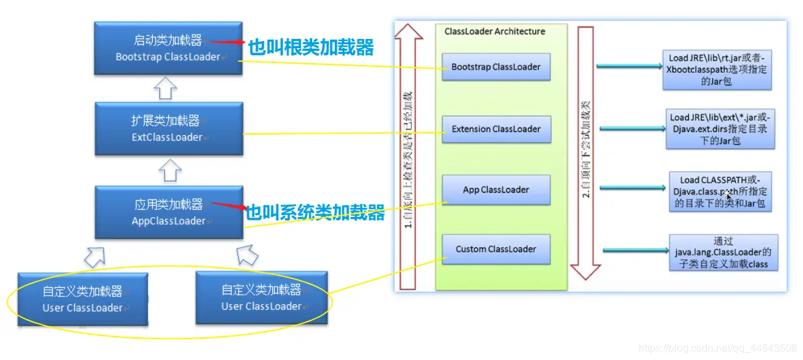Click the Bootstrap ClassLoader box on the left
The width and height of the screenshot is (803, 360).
click(x=167, y=49)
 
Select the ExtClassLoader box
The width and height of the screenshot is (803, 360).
click(x=167, y=129)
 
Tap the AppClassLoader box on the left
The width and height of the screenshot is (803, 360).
click(x=168, y=212)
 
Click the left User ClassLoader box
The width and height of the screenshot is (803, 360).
click(x=83, y=300)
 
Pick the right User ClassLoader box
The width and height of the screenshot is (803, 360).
click(x=261, y=298)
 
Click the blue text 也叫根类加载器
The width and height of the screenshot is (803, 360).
click(x=311, y=47)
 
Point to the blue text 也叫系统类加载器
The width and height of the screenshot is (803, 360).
click(x=315, y=212)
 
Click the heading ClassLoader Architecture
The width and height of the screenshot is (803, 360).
click(x=495, y=31)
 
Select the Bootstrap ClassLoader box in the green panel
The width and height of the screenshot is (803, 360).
click(x=495, y=67)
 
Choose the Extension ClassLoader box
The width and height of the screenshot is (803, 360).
click(x=495, y=129)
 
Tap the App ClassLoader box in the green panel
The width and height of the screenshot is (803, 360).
click(x=495, y=190)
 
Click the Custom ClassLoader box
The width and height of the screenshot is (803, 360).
click(x=495, y=249)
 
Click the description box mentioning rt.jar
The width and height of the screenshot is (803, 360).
click(x=717, y=70)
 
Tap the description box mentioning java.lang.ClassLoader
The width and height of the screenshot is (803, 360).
click(x=723, y=253)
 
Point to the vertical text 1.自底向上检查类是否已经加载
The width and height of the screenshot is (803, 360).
click(x=408, y=159)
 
